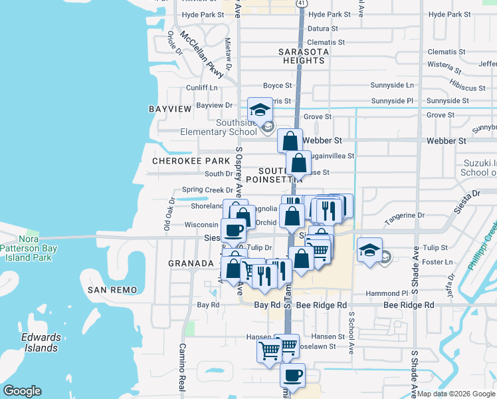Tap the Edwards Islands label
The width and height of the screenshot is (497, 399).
tap(39, 342)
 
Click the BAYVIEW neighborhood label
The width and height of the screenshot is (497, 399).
tap(170, 108)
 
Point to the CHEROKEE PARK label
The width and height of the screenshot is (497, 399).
tap(191, 161)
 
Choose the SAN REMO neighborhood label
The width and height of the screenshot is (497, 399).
tap(112, 290)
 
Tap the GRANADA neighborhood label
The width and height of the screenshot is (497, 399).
tap(190, 263)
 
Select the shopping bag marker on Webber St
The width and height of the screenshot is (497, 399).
tap(290, 141)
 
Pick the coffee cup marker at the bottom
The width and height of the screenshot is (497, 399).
tap(292, 376)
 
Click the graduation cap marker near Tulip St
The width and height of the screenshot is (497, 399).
tap(369, 251)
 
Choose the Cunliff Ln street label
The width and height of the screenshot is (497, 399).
tap(202, 87)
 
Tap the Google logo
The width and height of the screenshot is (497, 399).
tap(22, 391)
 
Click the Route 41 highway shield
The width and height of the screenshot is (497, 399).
tap(302, 3)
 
